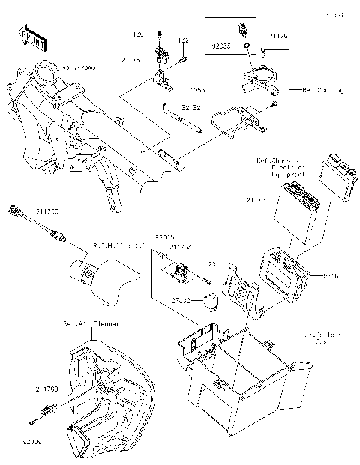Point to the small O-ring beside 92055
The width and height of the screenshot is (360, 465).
click(246, 46)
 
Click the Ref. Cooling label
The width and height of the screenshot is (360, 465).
click(322, 90)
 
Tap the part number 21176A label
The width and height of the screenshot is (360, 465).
click(180, 247)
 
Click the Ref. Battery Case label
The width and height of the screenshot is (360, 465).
click(322, 337)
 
